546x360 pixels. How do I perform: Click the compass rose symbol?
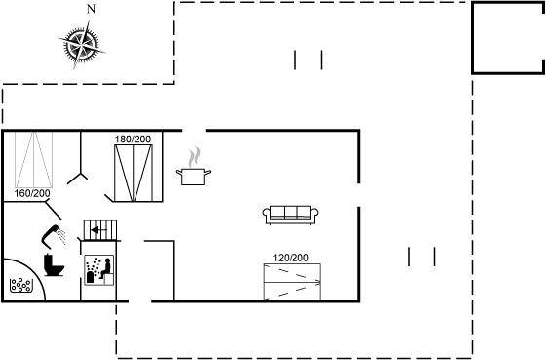tap(82, 45)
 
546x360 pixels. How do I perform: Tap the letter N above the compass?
tap(91, 10)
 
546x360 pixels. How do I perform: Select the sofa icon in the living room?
tap(291, 215)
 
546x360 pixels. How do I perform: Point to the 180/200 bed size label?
tap(133, 140)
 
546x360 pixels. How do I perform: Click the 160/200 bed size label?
tap(32, 193)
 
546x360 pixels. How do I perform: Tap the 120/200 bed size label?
tap(291, 258)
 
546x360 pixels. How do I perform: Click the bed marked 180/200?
tap(134, 174)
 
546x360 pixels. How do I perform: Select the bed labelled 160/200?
tap(34, 160)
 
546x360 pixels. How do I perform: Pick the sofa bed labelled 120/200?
tap(292, 282)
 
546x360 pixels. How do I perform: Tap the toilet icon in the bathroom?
tap(54, 266)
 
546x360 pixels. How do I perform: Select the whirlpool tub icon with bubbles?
tap(21, 285)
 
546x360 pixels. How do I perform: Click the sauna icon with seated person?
tap(99, 270)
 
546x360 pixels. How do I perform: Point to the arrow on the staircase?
tap(96, 230)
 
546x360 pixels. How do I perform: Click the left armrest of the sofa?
tap(267, 214)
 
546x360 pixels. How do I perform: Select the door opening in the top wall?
tap(194, 131)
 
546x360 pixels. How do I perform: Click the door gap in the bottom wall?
tap(140, 301)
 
